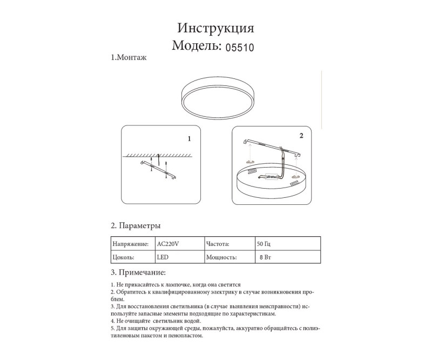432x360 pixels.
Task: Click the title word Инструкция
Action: pos(215,28)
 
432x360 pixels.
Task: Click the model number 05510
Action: pos(238,47)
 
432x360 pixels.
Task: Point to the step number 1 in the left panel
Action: pos(189,138)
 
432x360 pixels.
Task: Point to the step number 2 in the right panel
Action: pos(301,135)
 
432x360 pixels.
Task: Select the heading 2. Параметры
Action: pos(136,225)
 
